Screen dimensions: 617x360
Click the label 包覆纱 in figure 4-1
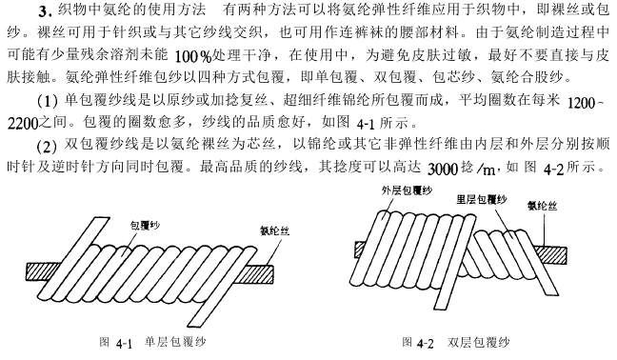click(145, 226)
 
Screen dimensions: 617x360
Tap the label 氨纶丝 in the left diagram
click(274, 230)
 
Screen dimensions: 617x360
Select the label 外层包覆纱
click(407, 190)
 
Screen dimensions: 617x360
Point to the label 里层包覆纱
click(481, 199)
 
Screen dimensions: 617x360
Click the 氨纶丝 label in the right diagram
click(542, 206)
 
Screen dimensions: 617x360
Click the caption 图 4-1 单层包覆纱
click(152, 342)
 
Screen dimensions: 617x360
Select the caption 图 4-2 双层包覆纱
click(456, 342)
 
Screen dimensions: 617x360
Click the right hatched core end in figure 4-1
click(259, 274)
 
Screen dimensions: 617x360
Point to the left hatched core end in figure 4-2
click(361, 250)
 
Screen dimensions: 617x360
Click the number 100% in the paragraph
click(192, 57)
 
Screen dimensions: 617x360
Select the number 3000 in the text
click(443, 170)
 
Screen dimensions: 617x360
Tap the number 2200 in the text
click(23, 124)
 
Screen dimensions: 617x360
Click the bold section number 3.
click(46, 11)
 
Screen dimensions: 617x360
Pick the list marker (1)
click(48, 102)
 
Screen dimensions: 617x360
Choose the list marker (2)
click(47, 147)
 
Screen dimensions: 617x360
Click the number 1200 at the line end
click(582, 103)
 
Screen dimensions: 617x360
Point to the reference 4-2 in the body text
click(553, 170)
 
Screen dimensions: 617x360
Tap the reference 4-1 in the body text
click(366, 125)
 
